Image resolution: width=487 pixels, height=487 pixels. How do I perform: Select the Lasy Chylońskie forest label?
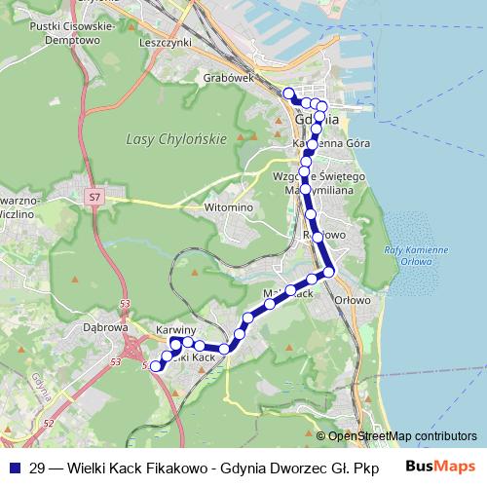(x=176, y=139)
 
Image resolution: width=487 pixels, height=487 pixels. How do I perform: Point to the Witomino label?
(x=229, y=207)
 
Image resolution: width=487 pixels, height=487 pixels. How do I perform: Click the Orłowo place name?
(x=354, y=300)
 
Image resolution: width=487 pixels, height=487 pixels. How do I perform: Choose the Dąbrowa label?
(x=107, y=328)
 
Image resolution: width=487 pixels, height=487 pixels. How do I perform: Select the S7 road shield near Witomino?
(x=94, y=199)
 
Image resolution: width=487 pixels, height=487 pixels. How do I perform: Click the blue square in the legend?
(x=14, y=468)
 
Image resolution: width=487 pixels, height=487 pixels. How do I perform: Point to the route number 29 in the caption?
(x=37, y=468)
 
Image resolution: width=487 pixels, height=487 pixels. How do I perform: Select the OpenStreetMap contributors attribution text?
(x=402, y=437)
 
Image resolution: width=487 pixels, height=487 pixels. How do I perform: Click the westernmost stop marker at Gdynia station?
(x=288, y=94)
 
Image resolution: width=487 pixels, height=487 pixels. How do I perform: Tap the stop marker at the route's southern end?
(x=154, y=366)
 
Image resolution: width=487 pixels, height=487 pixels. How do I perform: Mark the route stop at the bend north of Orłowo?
(x=329, y=271)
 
